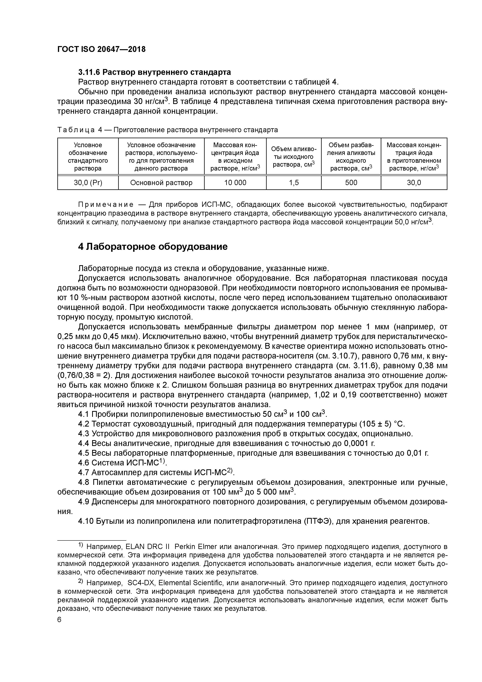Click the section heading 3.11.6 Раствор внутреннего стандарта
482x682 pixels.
(155, 72)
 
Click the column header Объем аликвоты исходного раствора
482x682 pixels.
(294, 157)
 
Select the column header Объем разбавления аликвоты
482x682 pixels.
(351, 157)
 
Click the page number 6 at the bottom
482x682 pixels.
(59, 620)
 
